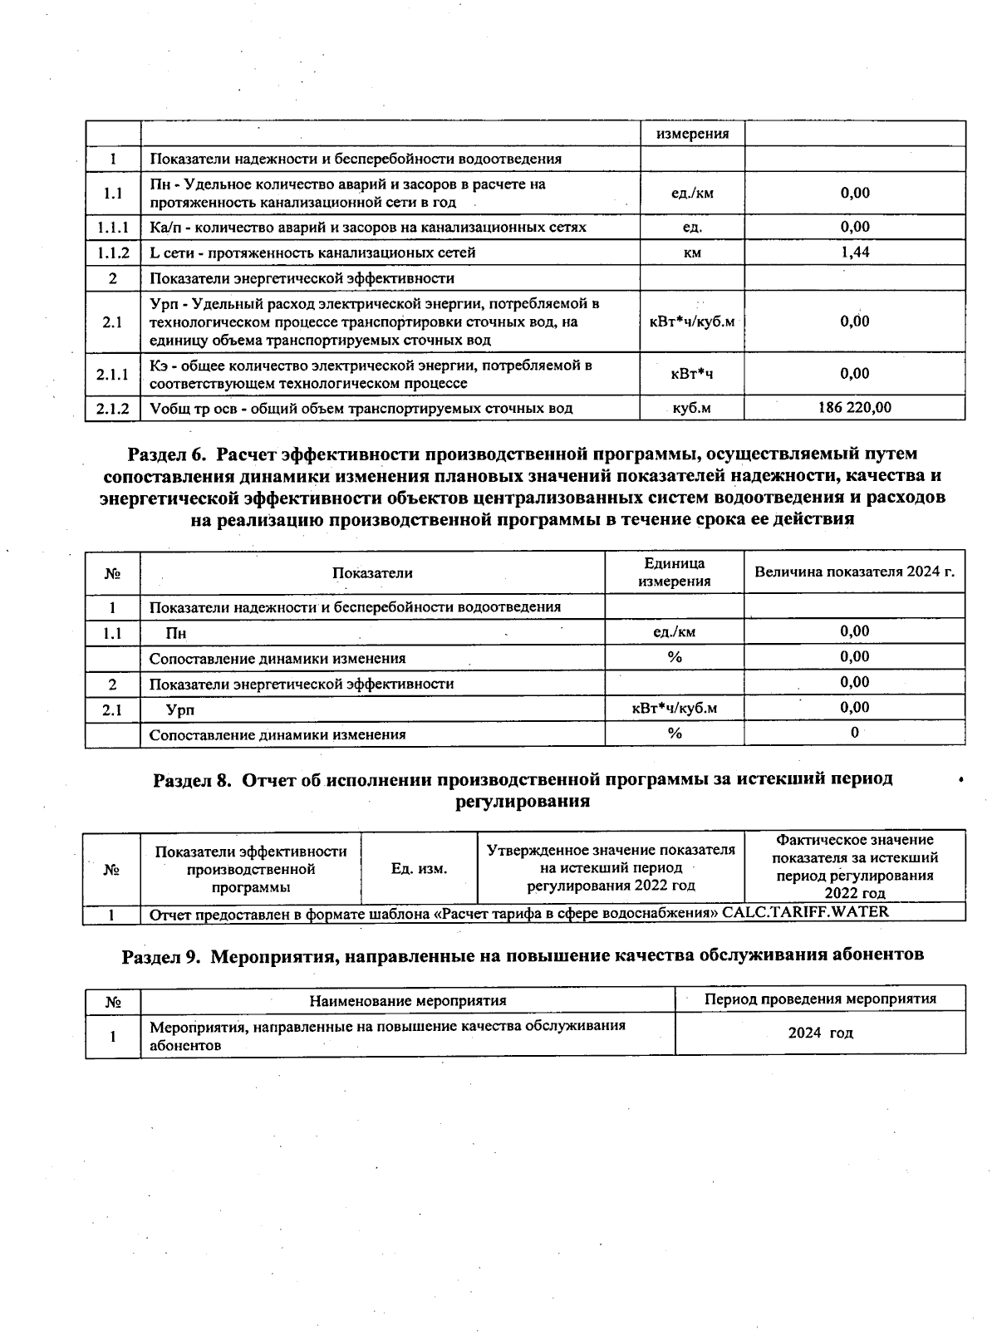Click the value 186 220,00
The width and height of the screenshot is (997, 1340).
coord(854,407)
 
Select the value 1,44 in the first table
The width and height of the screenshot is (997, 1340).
coord(854,252)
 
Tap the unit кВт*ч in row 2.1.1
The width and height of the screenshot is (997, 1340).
coord(692,374)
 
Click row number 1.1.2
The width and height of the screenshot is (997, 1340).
coord(112,253)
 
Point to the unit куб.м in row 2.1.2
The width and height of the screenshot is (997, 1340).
coord(692,408)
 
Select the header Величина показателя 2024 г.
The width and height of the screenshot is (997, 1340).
coord(854,572)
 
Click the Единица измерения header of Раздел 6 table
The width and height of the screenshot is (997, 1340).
coord(674,572)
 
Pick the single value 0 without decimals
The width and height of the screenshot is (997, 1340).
coord(854,733)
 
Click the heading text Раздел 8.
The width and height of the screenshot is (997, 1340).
coord(192,779)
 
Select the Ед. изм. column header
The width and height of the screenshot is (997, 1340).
coord(419,868)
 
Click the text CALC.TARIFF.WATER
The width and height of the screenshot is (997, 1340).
coord(805,911)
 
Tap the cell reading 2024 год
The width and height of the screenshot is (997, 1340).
coord(820,1033)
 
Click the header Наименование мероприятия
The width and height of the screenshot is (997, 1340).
coord(408,1000)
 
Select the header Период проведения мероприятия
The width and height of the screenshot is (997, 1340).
coord(820,999)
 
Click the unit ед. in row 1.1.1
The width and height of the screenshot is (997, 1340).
coord(692,227)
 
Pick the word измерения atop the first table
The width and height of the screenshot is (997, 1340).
coord(692,134)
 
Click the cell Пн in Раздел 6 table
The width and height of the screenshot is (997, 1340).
coord(175,633)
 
